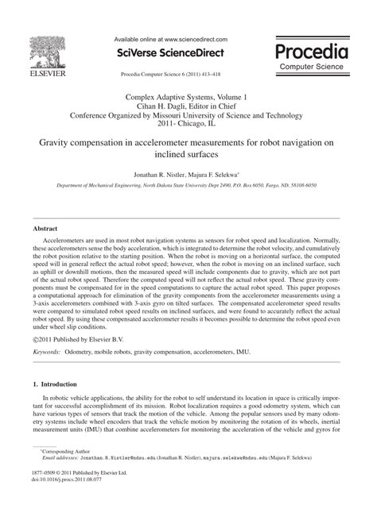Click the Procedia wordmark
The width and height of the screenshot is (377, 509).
313,52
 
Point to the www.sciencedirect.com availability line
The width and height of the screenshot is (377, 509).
171,38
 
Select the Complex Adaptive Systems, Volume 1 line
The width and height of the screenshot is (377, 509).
188,96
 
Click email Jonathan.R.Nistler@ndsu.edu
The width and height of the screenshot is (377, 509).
108,480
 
